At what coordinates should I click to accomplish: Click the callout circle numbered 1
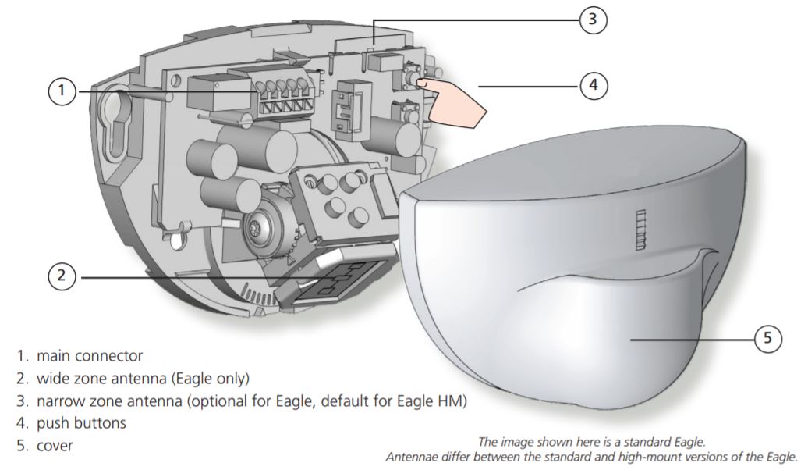pyautogui.click(x=62, y=92)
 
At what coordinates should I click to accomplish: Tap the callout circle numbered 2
pyautogui.click(x=62, y=276)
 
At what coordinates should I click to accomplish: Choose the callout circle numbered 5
pyautogui.click(x=767, y=339)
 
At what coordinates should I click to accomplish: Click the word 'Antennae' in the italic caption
pyautogui.click(x=410, y=457)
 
